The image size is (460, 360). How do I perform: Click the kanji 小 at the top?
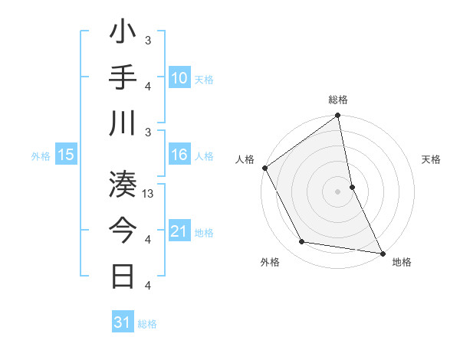point(123,34)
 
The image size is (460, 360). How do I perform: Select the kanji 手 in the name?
point(123,79)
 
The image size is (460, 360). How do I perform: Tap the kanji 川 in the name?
point(123,124)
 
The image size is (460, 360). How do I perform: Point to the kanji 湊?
point(123,185)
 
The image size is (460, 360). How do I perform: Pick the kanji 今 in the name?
point(123,231)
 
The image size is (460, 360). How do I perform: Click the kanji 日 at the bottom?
point(123,276)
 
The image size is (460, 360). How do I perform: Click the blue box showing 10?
point(179,78)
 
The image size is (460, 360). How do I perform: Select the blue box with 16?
point(179,155)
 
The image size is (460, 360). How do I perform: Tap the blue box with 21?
point(179,231)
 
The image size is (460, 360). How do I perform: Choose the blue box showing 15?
point(66,155)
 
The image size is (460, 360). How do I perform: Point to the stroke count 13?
point(149,194)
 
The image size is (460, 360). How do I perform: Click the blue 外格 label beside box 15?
point(41,156)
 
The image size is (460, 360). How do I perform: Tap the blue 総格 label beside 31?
point(147,324)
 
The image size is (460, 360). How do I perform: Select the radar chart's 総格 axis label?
point(338,100)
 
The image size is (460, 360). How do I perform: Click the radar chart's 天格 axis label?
point(432,159)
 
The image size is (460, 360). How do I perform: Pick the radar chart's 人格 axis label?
point(245,159)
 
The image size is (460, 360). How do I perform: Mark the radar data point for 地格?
point(382,252)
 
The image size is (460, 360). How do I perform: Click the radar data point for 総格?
point(338,116)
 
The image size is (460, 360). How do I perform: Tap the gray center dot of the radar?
point(338,191)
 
